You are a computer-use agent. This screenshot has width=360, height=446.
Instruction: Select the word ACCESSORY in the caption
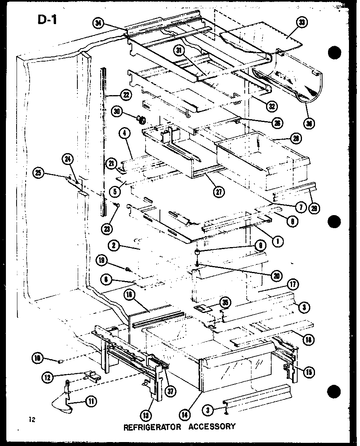[212, 426]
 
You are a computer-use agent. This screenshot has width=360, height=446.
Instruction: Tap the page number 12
[32, 420]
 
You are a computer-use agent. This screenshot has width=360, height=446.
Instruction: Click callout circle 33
[302, 23]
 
